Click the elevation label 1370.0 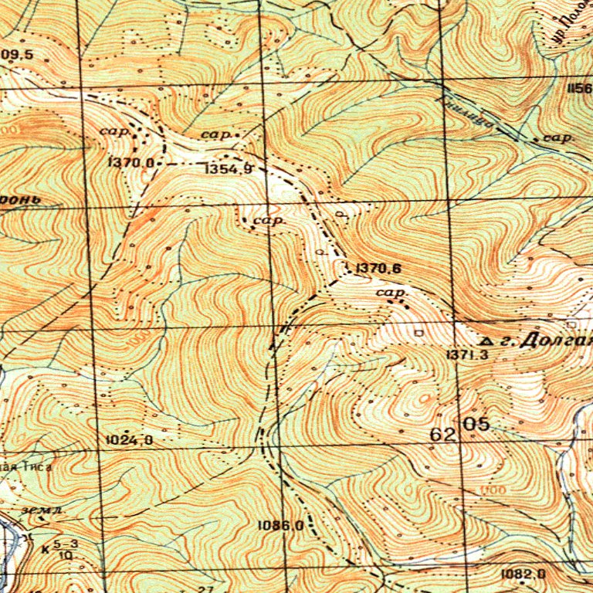[x=134, y=163]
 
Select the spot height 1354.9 [x=229, y=168]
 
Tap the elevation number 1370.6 [x=375, y=269]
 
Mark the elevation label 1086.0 [x=281, y=525]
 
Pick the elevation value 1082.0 [x=523, y=573]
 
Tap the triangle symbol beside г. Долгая [x=486, y=340]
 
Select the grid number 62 [x=442, y=435]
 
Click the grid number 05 [x=476, y=424]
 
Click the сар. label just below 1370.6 [x=391, y=293]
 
